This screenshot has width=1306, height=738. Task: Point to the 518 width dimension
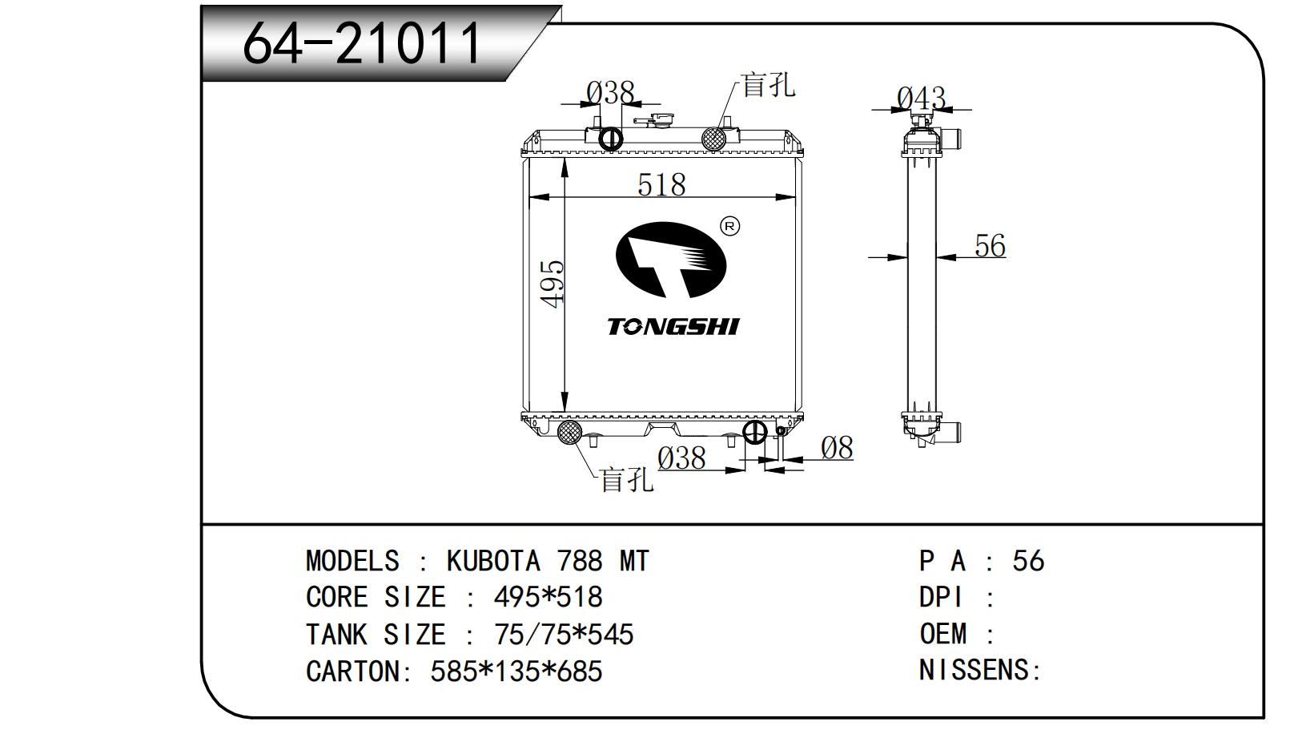point(661,185)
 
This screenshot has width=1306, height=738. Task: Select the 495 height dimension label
point(553,284)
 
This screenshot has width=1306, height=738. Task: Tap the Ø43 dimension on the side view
point(921,98)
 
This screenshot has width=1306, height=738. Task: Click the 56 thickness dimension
point(990,245)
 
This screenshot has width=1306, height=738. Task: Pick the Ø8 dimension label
point(838,448)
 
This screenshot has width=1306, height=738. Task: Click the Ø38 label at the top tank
point(610,92)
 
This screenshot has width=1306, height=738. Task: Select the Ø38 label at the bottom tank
point(681,458)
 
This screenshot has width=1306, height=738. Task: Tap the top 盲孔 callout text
point(768,86)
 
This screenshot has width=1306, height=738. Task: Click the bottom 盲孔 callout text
point(627,479)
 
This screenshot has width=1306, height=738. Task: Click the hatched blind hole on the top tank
point(713,139)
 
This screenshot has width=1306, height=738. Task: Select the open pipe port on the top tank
point(611,139)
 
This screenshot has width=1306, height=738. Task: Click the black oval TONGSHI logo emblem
point(671,260)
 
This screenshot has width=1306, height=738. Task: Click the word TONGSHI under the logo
point(673,327)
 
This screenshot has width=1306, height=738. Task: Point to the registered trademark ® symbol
point(730,226)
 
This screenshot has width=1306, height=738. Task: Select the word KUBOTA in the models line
point(493,561)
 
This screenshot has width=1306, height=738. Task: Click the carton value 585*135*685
point(516,671)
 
